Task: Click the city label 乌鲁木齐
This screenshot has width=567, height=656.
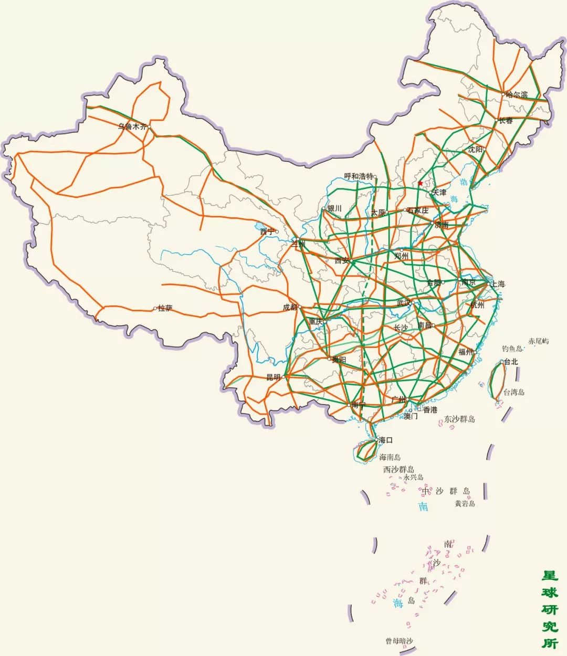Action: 132,126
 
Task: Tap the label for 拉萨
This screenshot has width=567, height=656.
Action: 165,308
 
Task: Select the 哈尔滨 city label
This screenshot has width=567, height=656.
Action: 517,94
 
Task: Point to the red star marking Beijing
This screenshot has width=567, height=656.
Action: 421,183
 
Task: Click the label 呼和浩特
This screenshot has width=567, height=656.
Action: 358,176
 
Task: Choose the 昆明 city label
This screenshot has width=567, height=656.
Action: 274,377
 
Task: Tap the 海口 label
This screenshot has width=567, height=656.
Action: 385,440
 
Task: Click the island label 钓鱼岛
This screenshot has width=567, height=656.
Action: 512,348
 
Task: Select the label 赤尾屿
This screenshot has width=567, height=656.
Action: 539,341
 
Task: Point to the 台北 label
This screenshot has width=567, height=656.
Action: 511,362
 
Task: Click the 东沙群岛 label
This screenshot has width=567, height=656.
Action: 459,419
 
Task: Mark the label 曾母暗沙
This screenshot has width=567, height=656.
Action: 400,641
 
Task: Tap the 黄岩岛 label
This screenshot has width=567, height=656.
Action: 465,503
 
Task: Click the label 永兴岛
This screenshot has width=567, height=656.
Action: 413,478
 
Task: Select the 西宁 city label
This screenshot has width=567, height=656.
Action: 267,231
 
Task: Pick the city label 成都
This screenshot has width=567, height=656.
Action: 290,307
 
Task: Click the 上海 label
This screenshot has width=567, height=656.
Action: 498,284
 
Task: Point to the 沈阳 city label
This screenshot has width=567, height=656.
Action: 475,150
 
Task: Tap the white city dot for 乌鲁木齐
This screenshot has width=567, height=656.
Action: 149,126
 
